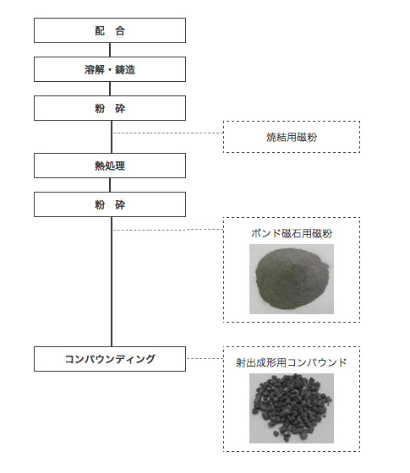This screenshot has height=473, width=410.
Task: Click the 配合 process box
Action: [110, 30]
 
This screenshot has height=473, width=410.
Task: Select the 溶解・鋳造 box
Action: [110, 69]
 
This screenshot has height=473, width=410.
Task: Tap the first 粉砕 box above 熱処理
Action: [110, 108]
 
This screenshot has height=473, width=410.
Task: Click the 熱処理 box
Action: [110, 166]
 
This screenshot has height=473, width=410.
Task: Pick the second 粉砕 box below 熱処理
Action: [110, 204]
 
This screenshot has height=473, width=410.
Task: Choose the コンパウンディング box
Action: [110, 359]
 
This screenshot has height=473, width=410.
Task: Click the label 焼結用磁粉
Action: [292, 137]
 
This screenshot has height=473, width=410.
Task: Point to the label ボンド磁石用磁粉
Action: [292, 233]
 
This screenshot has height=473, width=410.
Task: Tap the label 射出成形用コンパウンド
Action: [292, 362]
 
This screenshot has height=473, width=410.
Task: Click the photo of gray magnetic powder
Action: [292, 279]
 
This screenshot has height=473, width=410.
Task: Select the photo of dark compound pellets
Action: [292, 408]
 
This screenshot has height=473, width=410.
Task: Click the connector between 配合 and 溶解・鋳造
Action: [110, 50]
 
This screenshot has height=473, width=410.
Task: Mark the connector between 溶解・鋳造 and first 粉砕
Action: [110, 89]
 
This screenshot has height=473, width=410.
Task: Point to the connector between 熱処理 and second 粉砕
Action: [110, 185]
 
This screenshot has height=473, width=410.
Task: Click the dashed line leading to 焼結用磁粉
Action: [168, 133]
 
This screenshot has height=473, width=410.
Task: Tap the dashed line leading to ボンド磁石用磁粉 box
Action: [168, 230]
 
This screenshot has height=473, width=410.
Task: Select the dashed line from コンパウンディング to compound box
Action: [205, 358]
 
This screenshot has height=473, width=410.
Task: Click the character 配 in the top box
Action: [100, 30]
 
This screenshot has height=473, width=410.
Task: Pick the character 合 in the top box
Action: [120, 30]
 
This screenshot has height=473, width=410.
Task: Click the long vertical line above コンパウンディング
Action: [112, 281]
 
